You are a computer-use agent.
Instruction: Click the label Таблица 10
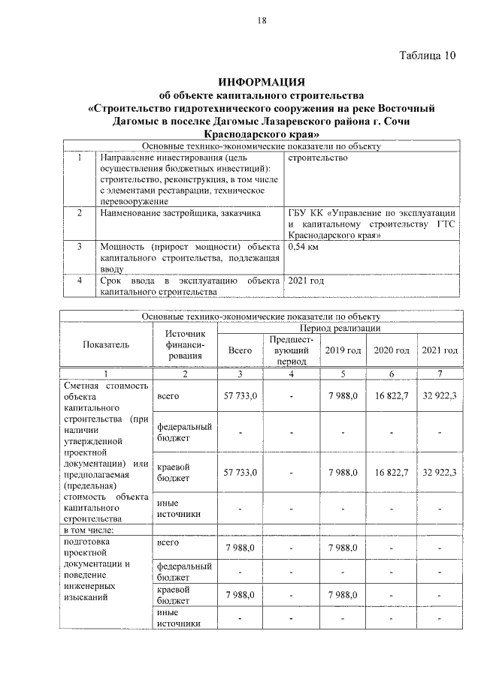click(427, 56)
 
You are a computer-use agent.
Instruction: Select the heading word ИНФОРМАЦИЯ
click(262, 81)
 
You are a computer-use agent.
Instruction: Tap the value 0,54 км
click(303, 247)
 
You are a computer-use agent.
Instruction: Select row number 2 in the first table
click(79, 213)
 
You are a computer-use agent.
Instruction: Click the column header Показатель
click(106, 344)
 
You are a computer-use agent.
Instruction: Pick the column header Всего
click(240, 350)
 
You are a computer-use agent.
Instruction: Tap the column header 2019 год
click(343, 350)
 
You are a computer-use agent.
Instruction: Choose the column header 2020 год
click(392, 350)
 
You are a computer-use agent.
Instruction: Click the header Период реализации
click(340, 329)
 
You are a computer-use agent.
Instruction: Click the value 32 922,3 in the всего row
click(440, 395)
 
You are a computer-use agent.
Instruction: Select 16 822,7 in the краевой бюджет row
click(392, 472)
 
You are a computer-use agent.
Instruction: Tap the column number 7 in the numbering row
click(440, 373)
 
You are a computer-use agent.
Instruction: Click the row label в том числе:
click(90, 530)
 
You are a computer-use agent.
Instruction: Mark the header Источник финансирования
click(185, 344)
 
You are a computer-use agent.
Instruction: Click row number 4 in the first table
click(79, 281)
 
